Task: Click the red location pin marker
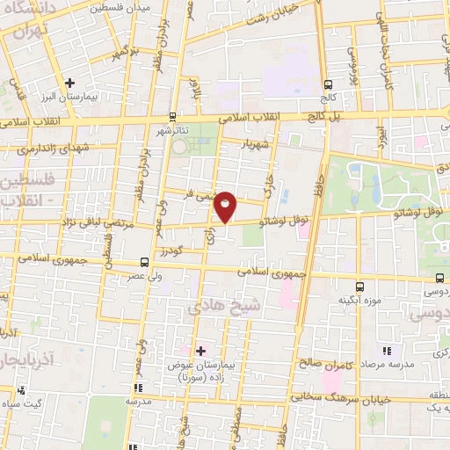pyautogui.click(x=226, y=206)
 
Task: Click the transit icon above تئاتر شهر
pyautogui.click(x=171, y=115)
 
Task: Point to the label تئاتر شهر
pyautogui.click(x=172, y=131)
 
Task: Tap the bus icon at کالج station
pyautogui.click(x=328, y=85)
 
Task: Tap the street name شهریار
pyautogui.click(x=263, y=142)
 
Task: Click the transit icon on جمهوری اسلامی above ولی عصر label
pyautogui.click(x=144, y=262)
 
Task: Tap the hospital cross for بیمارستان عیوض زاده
pyautogui.click(x=201, y=350)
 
